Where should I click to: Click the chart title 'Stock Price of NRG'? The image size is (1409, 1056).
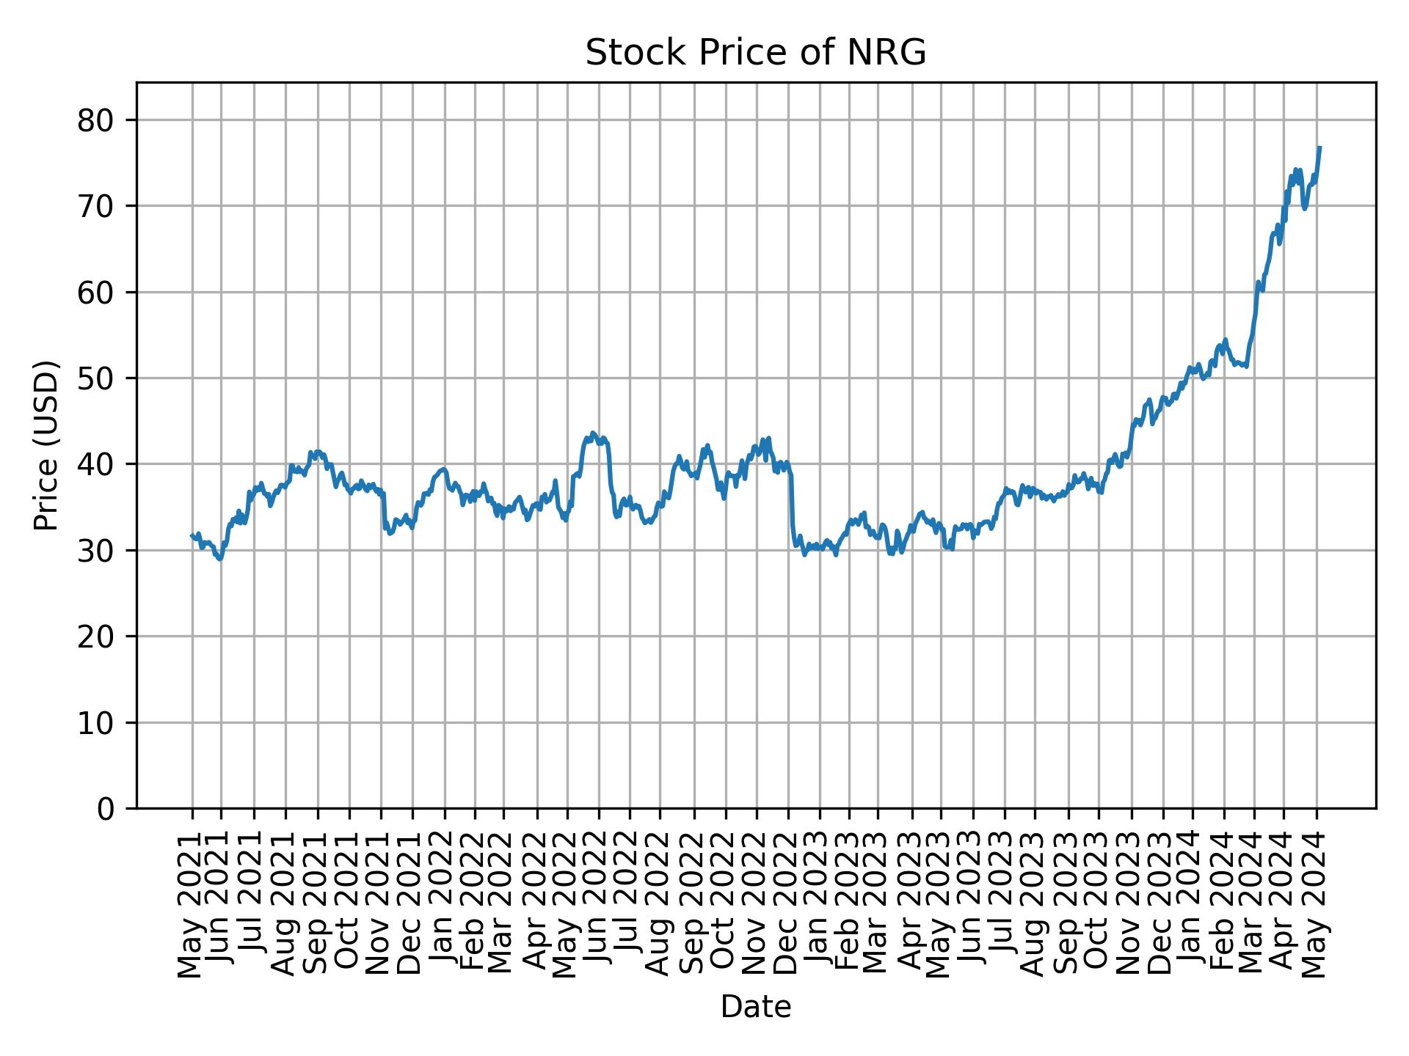[x=755, y=53]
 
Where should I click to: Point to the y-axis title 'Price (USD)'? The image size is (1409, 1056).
[x=46, y=444]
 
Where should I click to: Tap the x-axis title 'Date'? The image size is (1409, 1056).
[x=755, y=1008]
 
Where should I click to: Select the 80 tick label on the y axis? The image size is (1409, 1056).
[x=96, y=120]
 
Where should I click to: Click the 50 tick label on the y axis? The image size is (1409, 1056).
[x=96, y=378]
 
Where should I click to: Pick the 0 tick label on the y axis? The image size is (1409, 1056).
[x=105, y=808]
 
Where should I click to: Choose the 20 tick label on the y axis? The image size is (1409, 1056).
[x=96, y=637]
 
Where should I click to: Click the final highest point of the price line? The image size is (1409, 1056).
[x=1319, y=147]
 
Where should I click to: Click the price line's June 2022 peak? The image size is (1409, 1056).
[x=593, y=433]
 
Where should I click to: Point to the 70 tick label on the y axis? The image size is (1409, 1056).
[x=96, y=206]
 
